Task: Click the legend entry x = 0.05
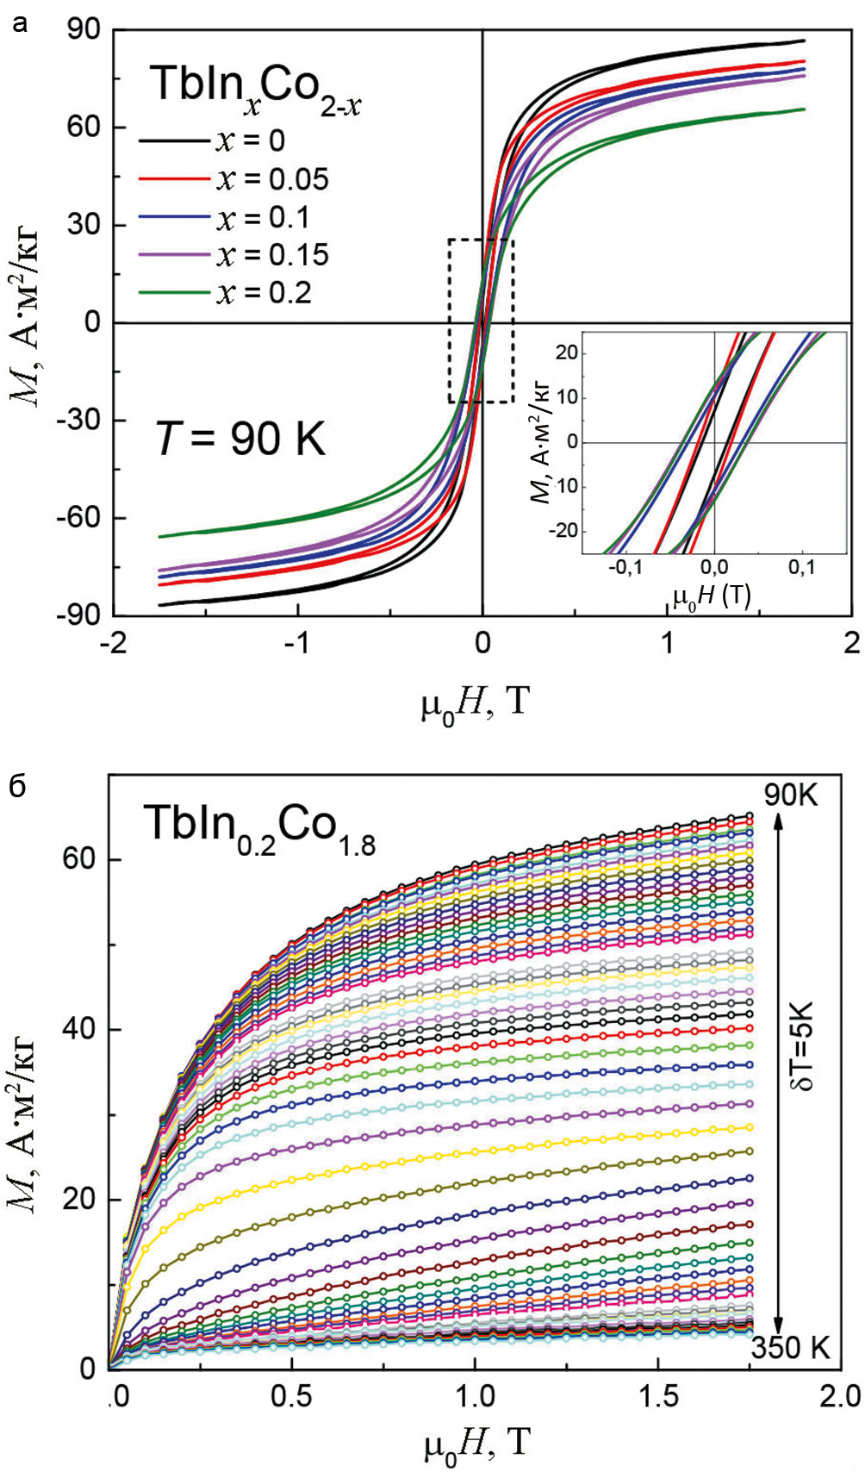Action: point(233,178)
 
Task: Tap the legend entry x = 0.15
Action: point(233,255)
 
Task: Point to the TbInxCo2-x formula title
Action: point(255,87)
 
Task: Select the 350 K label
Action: point(790,1347)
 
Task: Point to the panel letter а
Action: point(21,26)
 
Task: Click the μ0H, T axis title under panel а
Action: point(474,703)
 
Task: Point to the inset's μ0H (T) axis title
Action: point(712,596)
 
